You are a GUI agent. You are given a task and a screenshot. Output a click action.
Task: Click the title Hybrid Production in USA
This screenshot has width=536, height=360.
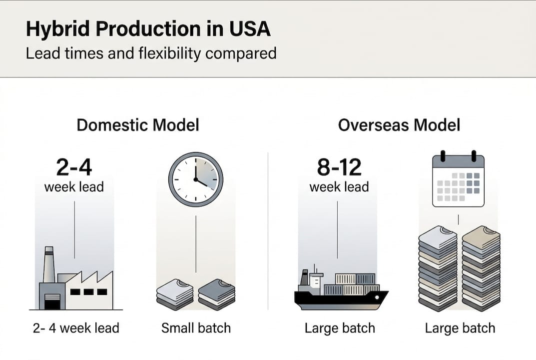point(148,28)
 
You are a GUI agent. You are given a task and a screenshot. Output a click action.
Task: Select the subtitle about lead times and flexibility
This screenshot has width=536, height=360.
point(151,53)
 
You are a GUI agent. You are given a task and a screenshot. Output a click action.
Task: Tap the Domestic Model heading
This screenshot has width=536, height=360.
point(138,125)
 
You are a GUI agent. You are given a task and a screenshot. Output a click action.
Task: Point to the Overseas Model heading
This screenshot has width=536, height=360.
point(399,125)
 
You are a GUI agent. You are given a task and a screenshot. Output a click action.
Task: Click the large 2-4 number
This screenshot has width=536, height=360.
point(74,167)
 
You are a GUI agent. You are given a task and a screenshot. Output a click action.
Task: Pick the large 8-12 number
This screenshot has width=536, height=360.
point(339,167)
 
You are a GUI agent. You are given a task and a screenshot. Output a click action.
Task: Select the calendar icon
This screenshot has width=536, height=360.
point(459,178)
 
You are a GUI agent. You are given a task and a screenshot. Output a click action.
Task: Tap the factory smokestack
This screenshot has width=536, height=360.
point(49,264)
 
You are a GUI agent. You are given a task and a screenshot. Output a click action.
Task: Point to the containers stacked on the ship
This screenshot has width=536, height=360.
point(352,284)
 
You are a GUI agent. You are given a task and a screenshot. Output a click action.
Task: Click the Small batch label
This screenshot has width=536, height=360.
point(196,328)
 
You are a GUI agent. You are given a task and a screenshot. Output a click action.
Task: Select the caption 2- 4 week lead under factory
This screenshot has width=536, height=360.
point(76,328)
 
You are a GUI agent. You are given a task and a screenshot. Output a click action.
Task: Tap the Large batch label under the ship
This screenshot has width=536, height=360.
point(340,328)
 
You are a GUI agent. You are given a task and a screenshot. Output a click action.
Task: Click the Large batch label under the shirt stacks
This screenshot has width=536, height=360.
point(460,328)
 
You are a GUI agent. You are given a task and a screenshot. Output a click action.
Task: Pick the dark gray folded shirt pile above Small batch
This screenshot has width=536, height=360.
point(217,294)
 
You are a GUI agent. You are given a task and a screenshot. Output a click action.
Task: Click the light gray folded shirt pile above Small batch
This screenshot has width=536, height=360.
point(175,294)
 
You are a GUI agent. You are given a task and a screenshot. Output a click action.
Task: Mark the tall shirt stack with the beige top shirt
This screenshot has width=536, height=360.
point(482,268)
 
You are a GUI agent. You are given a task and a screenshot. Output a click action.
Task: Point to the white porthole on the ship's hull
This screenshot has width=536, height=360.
point(377,297)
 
